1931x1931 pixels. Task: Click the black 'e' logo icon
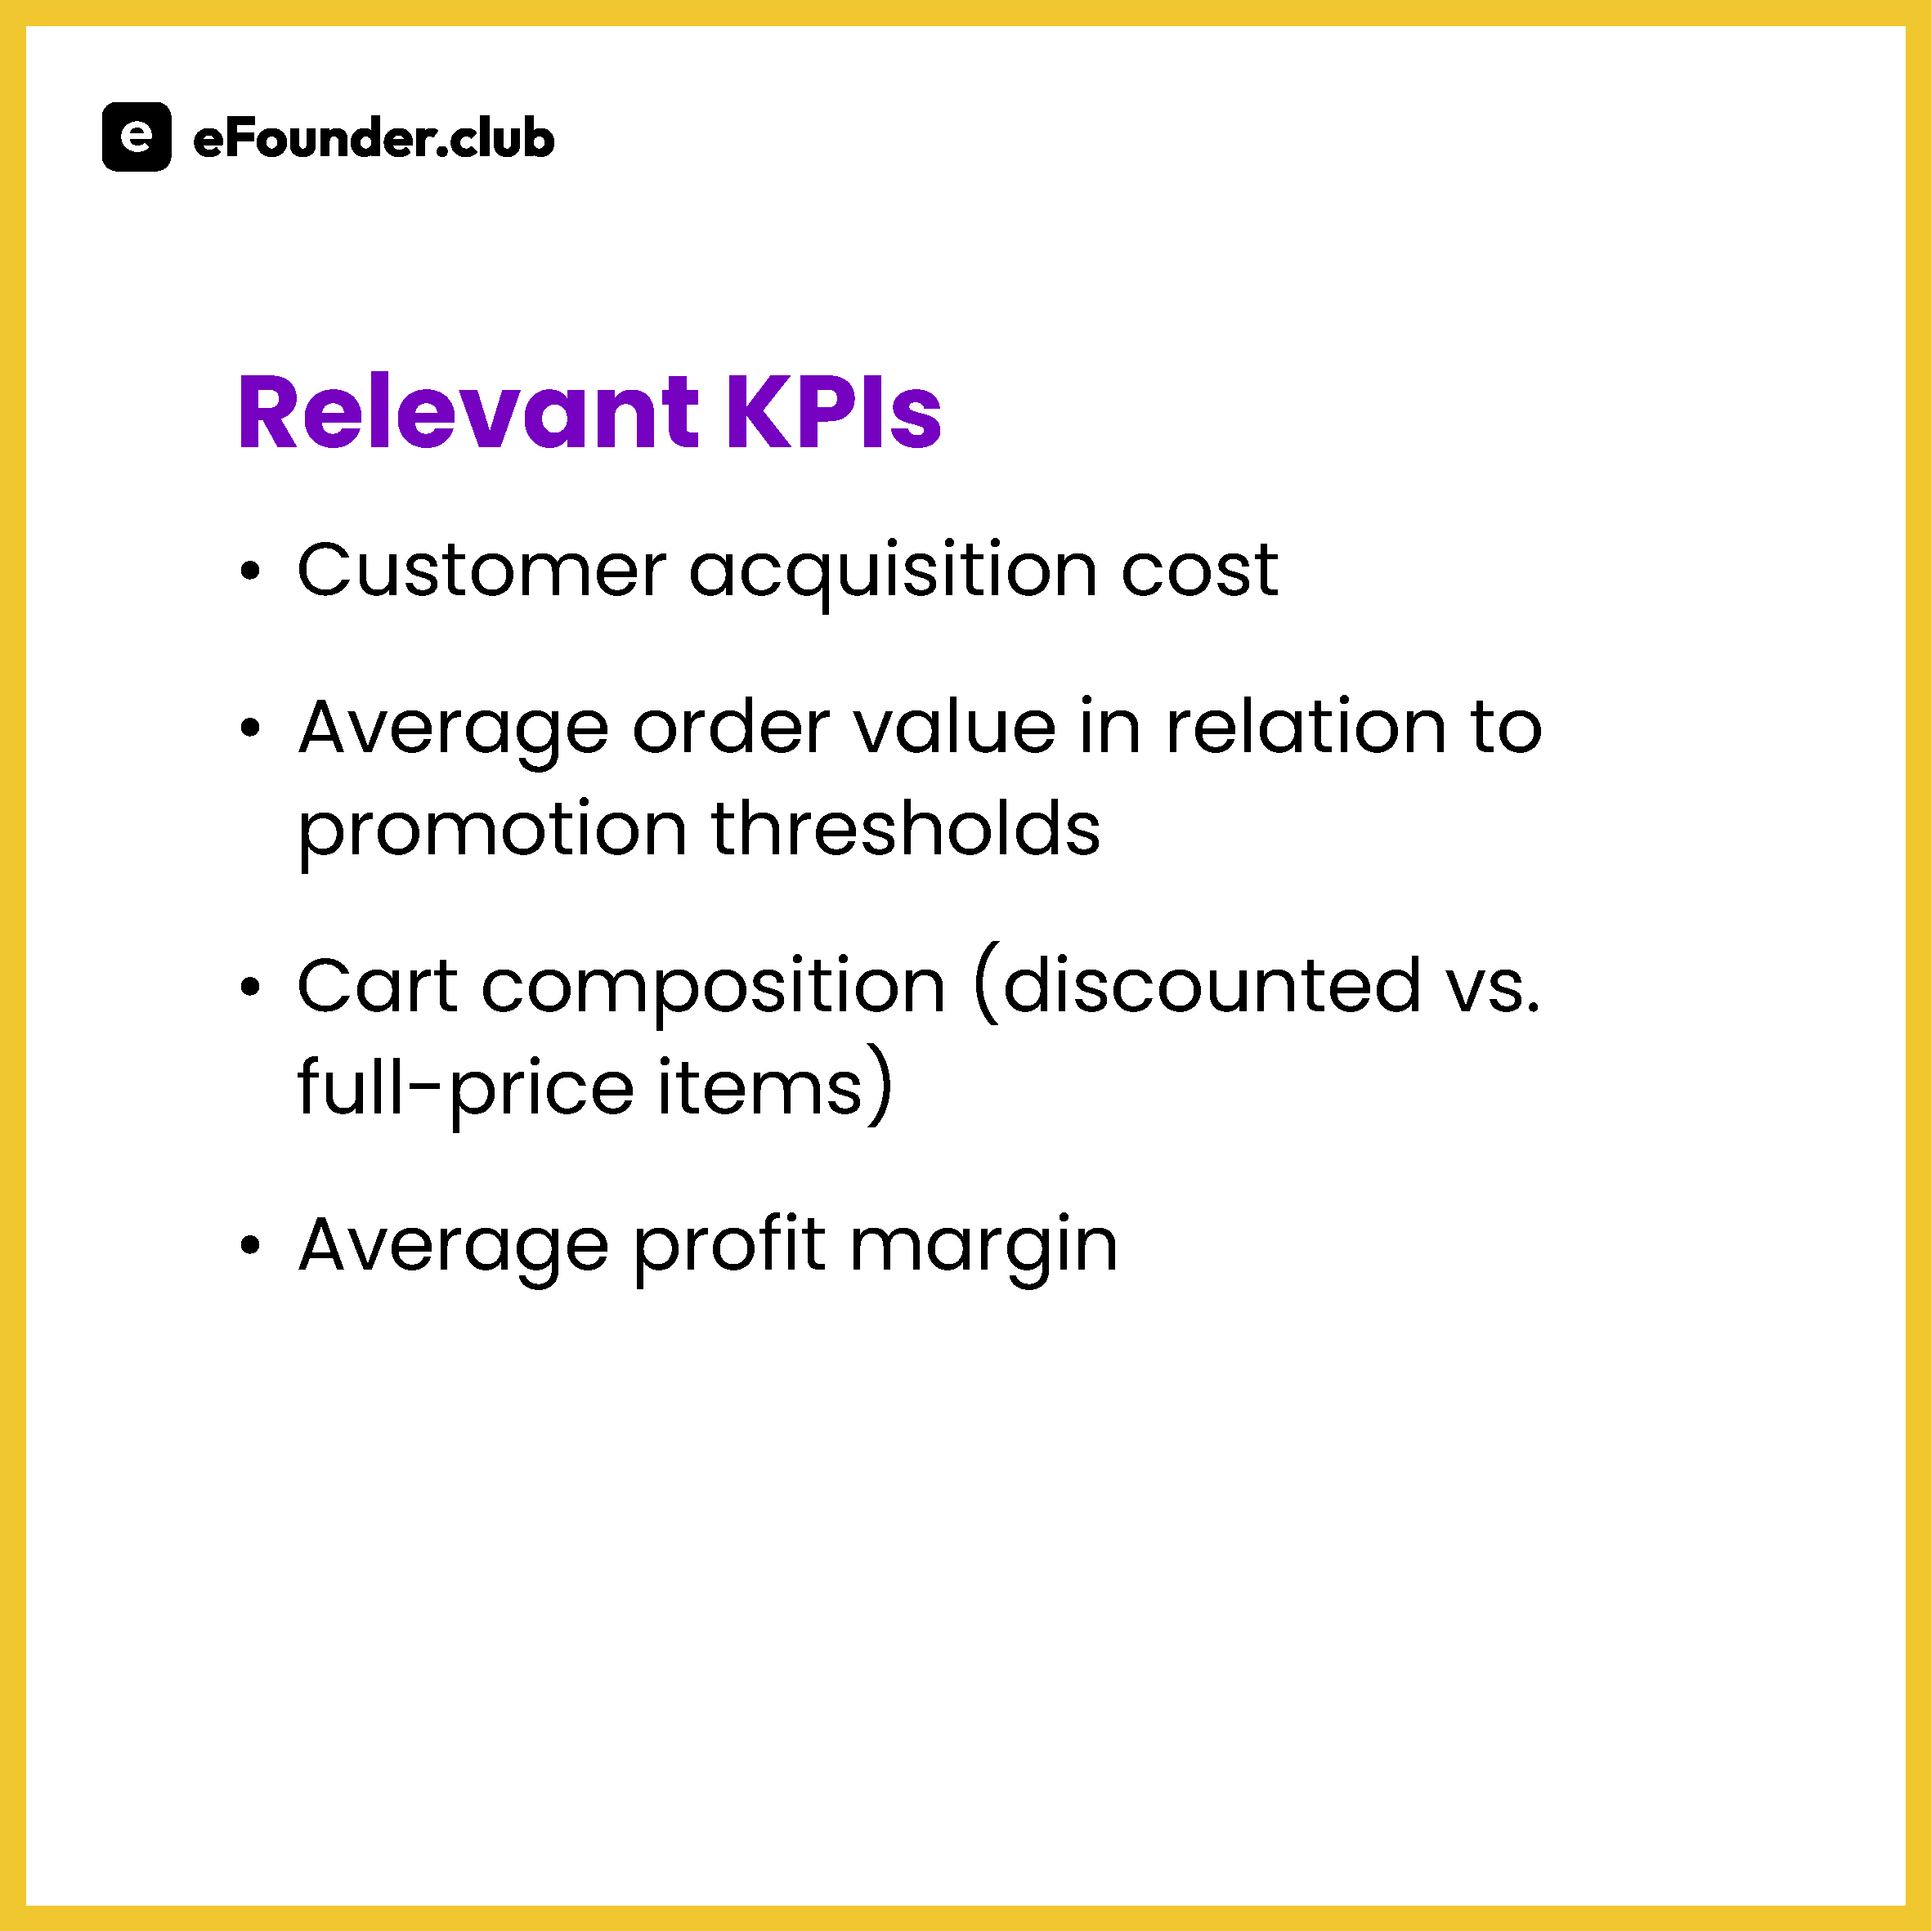[x=137, y=137]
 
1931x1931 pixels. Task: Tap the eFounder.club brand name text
[x=373, y=138]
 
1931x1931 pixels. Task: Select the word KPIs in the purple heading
[x=832, y=412]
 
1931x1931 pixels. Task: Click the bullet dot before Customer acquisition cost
[x=250, y=571]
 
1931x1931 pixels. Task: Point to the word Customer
[x=482, y=570]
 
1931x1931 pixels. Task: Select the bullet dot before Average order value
[x=250, y=728]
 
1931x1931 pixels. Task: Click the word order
[x=731, y=727]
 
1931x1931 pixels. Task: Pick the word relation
[x=1306, y=727]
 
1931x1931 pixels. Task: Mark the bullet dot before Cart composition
[x=250, y=988]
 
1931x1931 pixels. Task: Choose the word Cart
[x=378, y=985]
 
